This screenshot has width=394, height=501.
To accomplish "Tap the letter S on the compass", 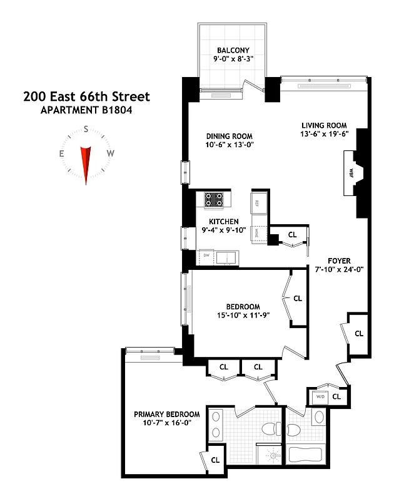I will (x=86, y=130).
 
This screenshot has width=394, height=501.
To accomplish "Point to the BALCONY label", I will (x=233, y=51).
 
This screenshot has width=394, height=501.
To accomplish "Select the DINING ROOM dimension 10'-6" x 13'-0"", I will (x=230, y=145).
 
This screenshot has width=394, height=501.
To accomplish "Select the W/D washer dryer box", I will (x=320, y=396).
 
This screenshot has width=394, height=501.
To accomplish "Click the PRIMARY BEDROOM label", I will (x=167, y=414).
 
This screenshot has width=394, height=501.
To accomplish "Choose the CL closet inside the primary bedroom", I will (x=215, y=459).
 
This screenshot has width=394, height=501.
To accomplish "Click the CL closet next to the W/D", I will (x=336, y=396).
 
